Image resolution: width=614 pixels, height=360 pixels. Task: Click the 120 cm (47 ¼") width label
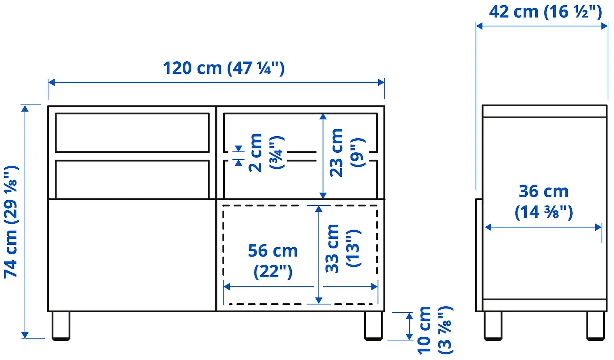[224, 68]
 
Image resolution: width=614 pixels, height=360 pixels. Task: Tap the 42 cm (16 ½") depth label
[545, 12]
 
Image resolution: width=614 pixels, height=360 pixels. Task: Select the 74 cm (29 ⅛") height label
[11, 221]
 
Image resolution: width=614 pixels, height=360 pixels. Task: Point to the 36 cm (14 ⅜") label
[543, 201]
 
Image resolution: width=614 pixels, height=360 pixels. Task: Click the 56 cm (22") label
[272, 261]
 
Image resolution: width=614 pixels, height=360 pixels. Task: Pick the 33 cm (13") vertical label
[343, 248]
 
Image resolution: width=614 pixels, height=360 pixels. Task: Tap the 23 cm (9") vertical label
[347, 153]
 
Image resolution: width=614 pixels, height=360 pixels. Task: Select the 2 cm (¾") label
[266, 153]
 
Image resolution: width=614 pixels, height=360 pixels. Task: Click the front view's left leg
[61, 326]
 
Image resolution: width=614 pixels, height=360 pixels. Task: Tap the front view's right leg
[373, 326]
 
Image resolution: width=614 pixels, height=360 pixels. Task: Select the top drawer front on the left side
[132, 133]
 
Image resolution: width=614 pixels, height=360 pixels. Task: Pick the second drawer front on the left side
[132, 179]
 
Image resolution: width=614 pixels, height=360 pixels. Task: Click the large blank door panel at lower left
[132, 255]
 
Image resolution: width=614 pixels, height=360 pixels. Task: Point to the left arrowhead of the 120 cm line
[51, 82]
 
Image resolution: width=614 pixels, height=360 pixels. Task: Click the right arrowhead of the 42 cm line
[604, 26]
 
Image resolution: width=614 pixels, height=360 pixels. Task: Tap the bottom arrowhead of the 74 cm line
[25, 335]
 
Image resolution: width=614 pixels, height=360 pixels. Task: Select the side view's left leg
[493, 326]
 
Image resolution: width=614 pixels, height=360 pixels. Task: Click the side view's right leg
[595, 326]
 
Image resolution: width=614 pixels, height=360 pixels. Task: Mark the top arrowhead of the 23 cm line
[323, 116]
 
